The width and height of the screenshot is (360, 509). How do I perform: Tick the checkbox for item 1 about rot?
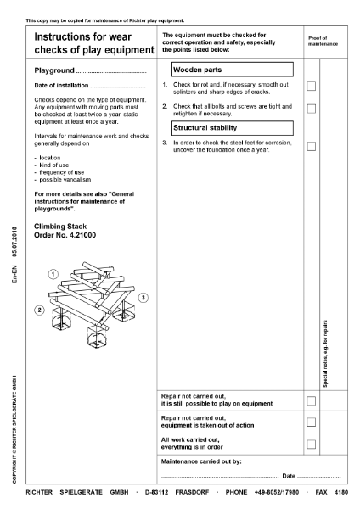click(312, 87)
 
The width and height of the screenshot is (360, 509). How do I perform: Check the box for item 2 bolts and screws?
click(312, 109)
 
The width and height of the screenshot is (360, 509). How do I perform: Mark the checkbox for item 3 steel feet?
click(312, 146)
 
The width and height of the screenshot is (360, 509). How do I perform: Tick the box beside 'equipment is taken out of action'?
click(312, 422)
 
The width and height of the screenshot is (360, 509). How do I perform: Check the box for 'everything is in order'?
click(312, 444)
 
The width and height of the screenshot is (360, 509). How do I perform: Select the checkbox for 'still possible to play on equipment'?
click(312, 400)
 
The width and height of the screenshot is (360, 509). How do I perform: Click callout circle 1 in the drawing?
click(53, 274)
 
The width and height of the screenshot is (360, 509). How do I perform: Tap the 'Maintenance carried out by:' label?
click(201, 461)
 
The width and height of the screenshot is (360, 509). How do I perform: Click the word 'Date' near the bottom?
click(289, 478)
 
